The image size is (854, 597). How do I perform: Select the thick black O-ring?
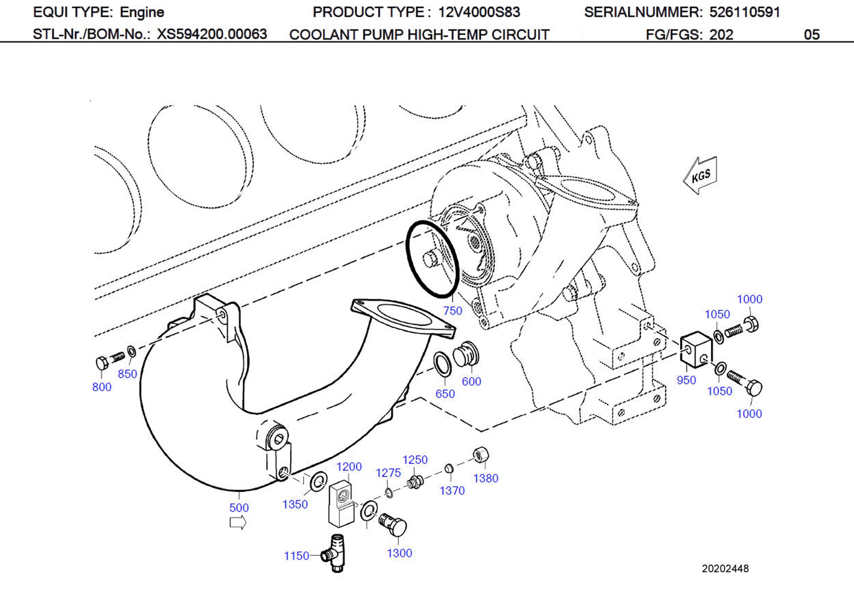coord(432,259)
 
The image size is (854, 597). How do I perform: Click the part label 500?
coord(239,507)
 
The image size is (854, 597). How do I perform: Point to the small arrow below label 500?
coord(238,523)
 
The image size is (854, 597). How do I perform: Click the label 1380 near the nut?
coord(486,478)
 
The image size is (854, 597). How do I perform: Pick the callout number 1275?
coord(388,473)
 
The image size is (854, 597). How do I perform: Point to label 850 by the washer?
coord(127,374)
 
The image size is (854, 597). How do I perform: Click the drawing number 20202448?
coord(725,568)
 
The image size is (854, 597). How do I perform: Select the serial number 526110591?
coord(744,12)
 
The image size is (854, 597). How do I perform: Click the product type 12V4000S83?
coord(479,12)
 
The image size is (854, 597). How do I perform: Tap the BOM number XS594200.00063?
coord(212,34)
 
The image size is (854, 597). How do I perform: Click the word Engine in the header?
coord(142,12)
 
